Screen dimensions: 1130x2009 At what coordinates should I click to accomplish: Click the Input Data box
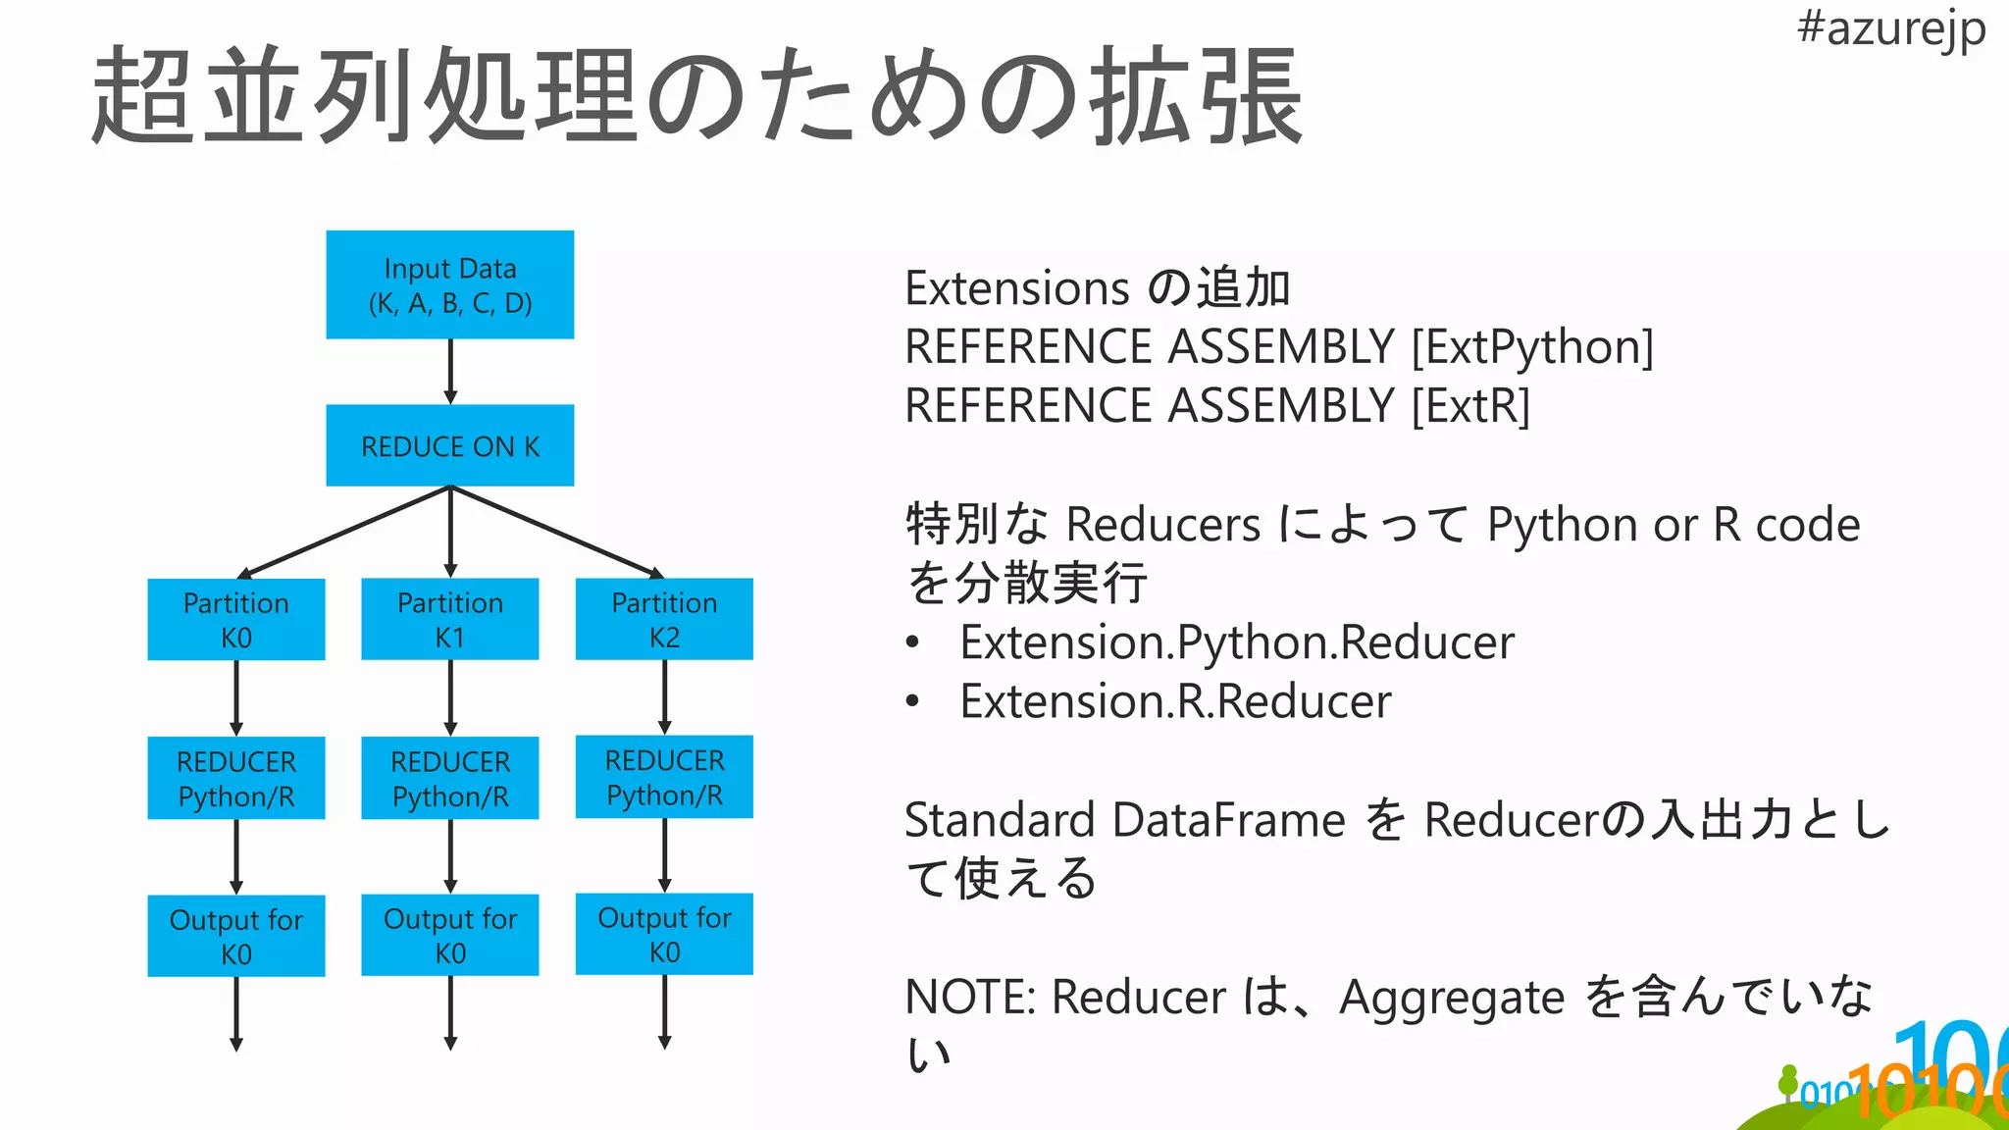coord(449,284)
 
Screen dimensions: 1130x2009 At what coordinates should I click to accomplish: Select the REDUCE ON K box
coord(449,445)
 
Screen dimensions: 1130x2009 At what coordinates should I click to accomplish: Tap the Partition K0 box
coord(235,619)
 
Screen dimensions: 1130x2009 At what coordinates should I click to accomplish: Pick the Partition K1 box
coord(449,619)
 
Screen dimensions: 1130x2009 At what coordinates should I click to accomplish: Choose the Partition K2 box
coord(664,619)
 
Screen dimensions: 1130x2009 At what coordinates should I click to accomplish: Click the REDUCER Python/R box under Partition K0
coord(235,778)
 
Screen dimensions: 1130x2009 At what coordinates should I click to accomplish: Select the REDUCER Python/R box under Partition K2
coord(664,777)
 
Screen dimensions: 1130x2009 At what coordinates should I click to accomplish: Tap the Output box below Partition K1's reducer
coord(449,935)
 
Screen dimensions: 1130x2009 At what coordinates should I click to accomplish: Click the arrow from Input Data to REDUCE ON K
coord(450,371)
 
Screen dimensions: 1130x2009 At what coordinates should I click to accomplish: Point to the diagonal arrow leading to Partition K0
coord(343,531)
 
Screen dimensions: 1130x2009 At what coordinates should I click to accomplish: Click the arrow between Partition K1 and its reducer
coord(450,697)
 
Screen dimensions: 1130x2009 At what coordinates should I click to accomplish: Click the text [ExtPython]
coord(1532,347)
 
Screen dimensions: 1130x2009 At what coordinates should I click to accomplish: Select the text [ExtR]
coord(1470,406)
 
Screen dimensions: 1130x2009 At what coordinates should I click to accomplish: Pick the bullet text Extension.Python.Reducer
coord(1236,642)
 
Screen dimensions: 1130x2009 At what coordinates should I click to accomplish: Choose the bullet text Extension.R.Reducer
coord(1175,701)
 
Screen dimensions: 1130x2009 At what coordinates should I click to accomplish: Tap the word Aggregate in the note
coord(1451,999)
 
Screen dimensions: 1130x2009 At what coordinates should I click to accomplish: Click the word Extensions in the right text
coord(1016,288)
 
